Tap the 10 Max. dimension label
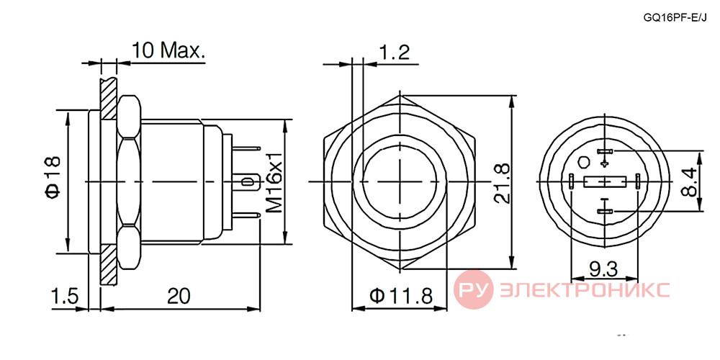[168, 50]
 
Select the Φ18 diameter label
[53, 176]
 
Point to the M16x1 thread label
[274, 181]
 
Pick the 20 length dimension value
[179, 296]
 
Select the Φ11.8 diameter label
[401, 297]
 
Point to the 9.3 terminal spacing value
[603, 270]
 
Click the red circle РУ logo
[474, 289]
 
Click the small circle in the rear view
[585, 162]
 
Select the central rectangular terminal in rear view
[605, 182]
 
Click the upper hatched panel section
[109, 99]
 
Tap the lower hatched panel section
[109, 264]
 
